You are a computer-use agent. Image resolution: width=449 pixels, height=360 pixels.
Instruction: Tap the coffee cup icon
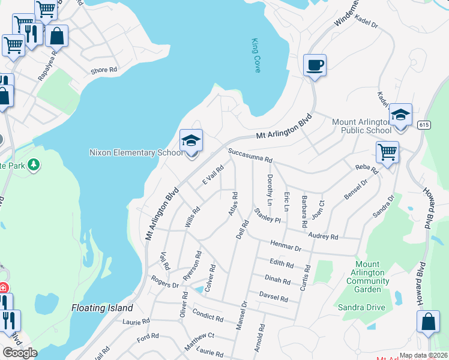click(x=315, y=65)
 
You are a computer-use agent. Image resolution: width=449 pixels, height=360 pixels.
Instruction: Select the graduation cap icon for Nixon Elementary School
click(x=191, y=141)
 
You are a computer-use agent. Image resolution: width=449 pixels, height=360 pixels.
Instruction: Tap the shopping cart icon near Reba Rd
click(x=388, y=152)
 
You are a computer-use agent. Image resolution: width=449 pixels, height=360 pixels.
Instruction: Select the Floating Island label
click(x=102, y=308)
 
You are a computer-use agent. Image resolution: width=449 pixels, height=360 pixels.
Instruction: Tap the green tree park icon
click(x=34, y=164)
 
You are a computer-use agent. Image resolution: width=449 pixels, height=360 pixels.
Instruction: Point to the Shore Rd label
click(x=104, y=70)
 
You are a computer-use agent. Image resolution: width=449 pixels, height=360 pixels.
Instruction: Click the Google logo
click(x=20, y=353)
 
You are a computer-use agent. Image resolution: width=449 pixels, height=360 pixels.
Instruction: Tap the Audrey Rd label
click(x=325, y=237)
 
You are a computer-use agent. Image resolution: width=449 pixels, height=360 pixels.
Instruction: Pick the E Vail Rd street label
click(x=212, y=175)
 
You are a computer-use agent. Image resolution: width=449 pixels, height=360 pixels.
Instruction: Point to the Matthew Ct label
click(x=200, y=344)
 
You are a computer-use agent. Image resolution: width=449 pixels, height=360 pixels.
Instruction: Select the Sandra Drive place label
click(x=361, y=307)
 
